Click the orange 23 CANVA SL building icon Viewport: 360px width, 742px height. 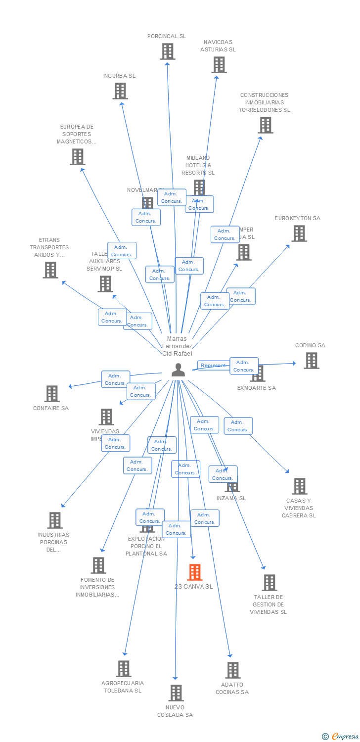pos(195,572)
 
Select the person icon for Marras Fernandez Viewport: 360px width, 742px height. pos(178,370)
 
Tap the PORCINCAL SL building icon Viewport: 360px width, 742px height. pos(168,51)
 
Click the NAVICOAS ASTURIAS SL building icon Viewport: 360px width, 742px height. pos(219,65)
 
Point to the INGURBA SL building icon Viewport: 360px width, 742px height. pos(120,91)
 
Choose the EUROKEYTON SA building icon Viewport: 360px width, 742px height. pos(299,233)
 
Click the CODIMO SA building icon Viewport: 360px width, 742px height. pos(311,361)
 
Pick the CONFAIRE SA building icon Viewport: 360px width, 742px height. pos(51,394)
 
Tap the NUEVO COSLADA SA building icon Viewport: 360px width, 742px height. pos(176,693)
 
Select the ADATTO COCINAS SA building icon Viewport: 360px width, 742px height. pos(232,670)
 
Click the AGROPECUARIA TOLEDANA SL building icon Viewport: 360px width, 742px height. pos(123,669)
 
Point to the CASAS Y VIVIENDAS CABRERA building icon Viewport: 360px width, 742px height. pos(299,486)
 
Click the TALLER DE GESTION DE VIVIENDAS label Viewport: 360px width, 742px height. pos(268,604)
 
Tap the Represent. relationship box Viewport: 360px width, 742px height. pos(213,366)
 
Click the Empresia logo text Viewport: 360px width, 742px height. pos(345,737)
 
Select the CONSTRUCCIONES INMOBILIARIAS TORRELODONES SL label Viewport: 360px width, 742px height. pos(264,102)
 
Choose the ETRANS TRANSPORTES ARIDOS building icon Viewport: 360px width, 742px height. pos(50,270)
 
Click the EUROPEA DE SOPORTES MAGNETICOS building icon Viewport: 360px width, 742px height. pos(77,157)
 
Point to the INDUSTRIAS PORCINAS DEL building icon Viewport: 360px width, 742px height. pos(55,520)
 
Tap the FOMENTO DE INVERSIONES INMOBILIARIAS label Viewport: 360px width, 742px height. pos(97,587)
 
